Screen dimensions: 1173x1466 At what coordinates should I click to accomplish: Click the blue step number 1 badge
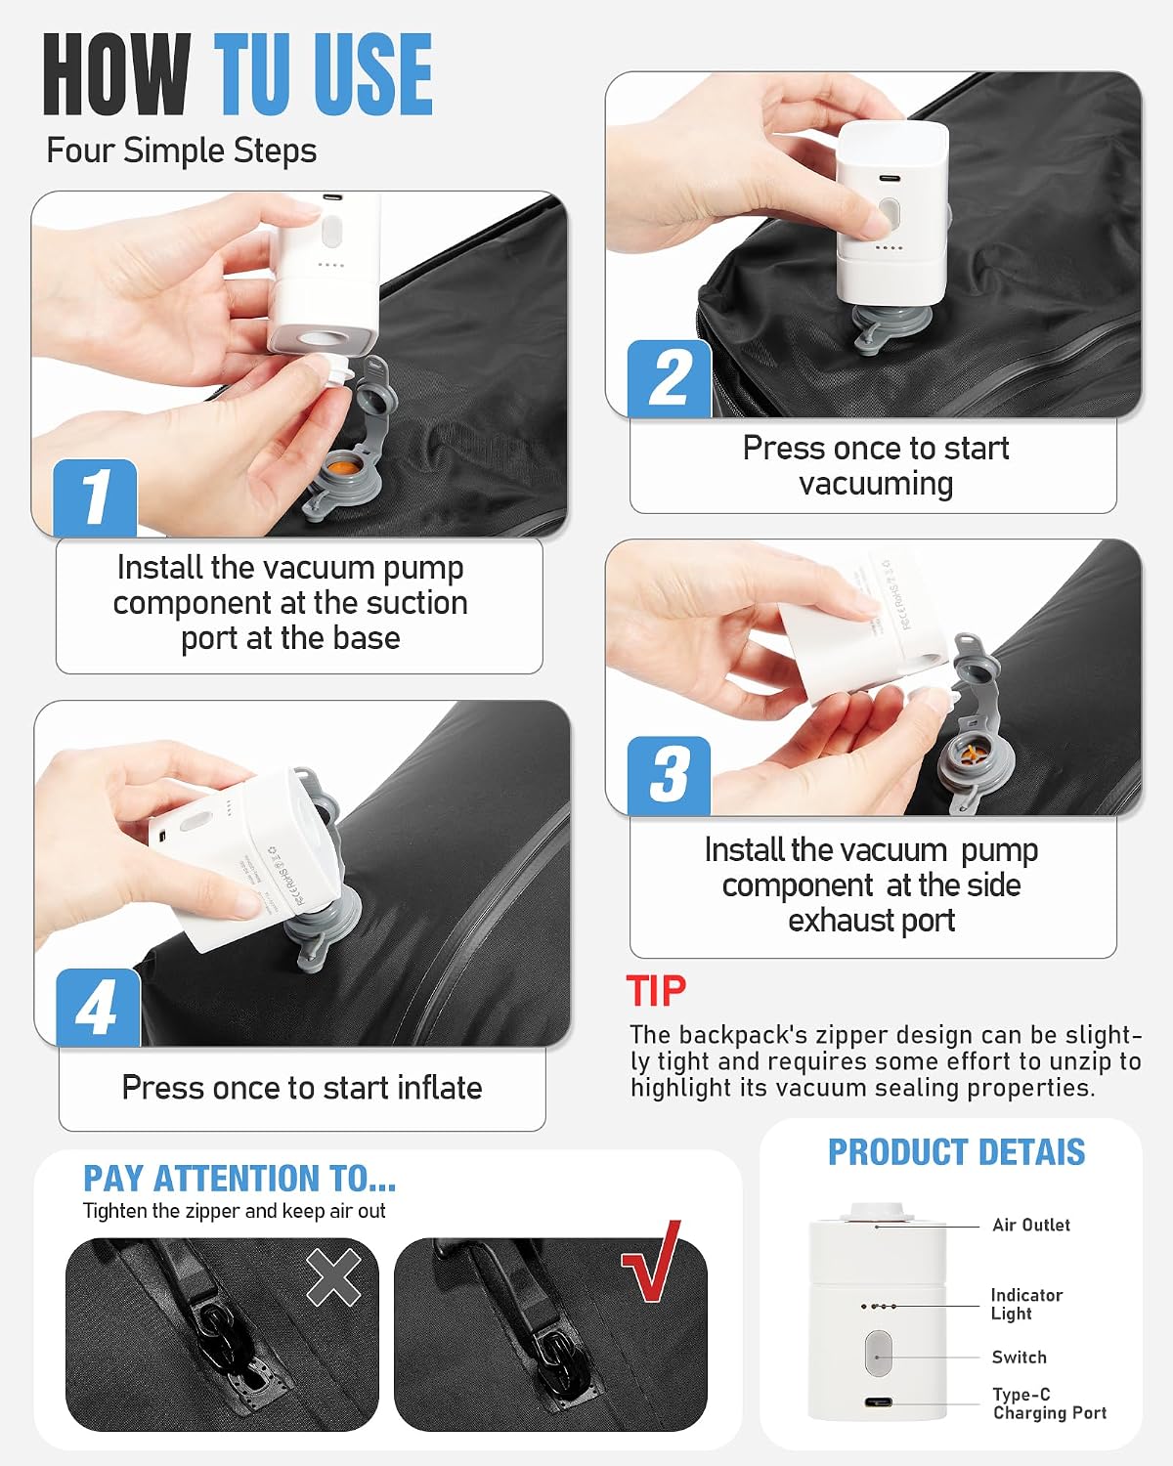(x=95, y=498)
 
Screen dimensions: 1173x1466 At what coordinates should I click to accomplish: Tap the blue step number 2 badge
(x=670, y=379)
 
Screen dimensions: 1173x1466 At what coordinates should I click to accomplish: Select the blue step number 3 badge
(x=669, y=776)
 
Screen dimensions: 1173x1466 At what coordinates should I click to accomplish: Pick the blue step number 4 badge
(x=98, y=1008)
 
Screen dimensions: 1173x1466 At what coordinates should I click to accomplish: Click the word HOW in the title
(x=116, y=74)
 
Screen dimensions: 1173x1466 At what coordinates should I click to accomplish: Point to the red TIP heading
(x=656, y=990)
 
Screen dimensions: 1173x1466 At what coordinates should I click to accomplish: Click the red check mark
(x=652, y=1260)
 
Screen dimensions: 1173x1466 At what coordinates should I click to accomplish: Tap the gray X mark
(x=334, y=1276)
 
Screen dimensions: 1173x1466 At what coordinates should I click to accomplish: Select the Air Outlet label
(x=1030, y=1225)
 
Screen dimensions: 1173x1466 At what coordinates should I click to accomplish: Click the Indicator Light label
(x=1026, y=1304)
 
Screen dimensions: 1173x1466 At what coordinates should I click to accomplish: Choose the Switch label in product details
(x=1019, y=1357)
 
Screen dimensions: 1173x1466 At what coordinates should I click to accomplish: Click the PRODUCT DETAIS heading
(x=956, y=1152)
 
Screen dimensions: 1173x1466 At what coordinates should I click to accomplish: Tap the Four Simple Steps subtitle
(x=181, y=151)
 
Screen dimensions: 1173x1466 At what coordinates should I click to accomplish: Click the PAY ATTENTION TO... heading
(x=239, y=1178)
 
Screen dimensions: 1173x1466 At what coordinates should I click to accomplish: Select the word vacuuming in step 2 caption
(x=876, y=485)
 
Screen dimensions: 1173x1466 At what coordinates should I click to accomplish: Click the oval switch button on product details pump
(x=878, y=1353)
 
